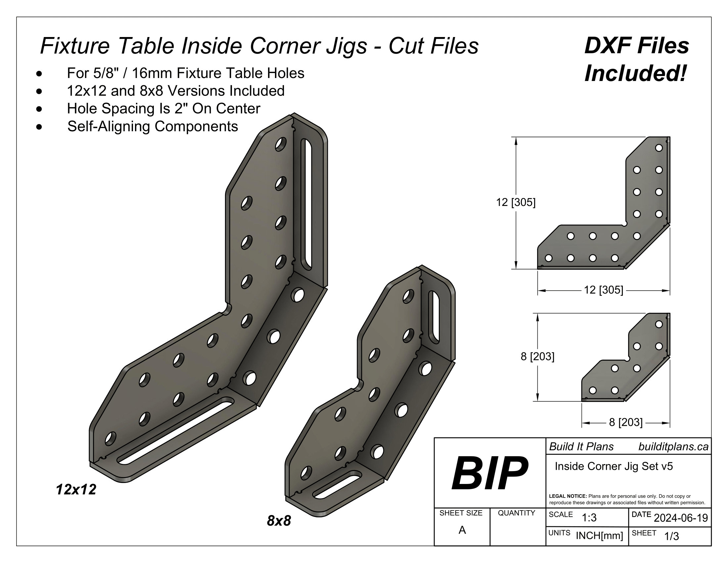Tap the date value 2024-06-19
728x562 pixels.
click(x=681, y=518)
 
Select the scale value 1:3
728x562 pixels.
click(x=589, y=518)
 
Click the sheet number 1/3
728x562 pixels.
click(x=671, y=536)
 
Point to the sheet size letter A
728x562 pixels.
click(x=462, y=530)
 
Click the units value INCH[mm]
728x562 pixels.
click(x=599, y=536)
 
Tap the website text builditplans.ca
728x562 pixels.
click(x=673, y=447)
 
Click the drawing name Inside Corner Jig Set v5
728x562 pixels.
click(x=614, y=466)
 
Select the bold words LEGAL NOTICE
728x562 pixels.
click(x=568, y=496)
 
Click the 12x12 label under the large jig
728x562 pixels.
click(x=76, y=489)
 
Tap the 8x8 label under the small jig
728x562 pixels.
click(x=279, y=521)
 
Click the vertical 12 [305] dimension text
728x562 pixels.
click(x=516, y=202)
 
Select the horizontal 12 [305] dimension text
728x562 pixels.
click(x=603, y=290)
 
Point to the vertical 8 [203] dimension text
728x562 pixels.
click(x=537, y=357)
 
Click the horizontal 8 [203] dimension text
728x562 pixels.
click(x=626, y=422)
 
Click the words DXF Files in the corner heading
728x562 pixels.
click(x=637, y=46)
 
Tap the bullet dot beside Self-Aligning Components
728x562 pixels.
click(x=40, y=127)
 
